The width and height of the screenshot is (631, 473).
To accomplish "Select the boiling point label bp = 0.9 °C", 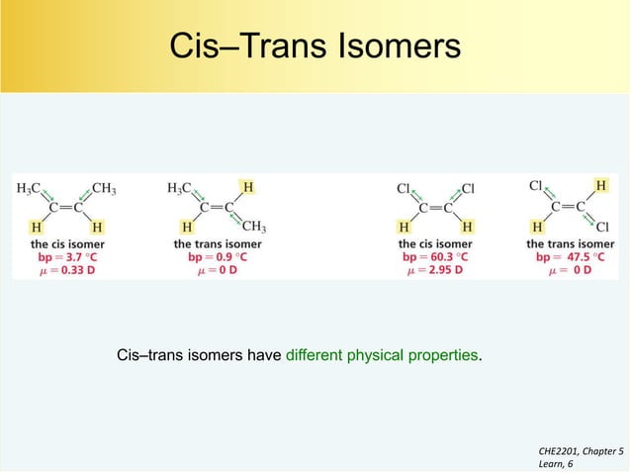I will click(218, 256).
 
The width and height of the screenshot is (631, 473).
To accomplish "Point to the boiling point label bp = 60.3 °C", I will click(434, 256).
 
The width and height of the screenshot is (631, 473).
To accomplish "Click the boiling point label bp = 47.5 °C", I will click(569, 256).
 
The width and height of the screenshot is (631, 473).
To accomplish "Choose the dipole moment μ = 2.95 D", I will click(434, 270).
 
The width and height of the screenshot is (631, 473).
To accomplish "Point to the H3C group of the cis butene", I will click(29, 188).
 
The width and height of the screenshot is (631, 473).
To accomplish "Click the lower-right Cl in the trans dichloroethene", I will click(601, 226).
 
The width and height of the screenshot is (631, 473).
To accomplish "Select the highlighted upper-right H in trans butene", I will click(247, 186).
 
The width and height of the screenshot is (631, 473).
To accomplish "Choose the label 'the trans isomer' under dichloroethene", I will click(570, 242).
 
